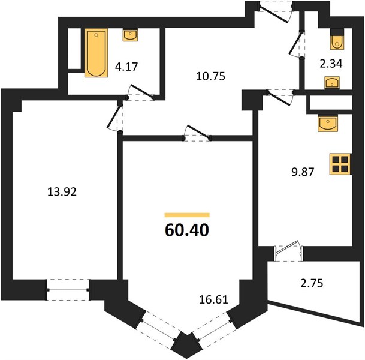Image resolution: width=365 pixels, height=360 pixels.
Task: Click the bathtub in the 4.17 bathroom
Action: (x=96, y=53)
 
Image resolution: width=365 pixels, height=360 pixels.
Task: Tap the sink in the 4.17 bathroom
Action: (x=131, y=35)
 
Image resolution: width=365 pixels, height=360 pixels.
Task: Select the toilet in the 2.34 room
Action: (x=337, y=39)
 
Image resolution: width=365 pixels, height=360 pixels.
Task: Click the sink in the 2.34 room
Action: (x=332, y=83)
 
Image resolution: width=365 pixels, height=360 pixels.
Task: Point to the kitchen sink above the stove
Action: (x=328, y=124)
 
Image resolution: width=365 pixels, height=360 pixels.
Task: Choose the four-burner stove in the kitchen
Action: (x=340, y=164)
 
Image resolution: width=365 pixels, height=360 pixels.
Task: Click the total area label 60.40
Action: (x=187, y=230)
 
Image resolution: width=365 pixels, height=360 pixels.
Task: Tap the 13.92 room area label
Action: (x=62, y=192)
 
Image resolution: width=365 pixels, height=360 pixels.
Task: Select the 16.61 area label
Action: (x=213, y=299)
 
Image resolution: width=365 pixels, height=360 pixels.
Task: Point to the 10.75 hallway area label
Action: (x=210, y=76)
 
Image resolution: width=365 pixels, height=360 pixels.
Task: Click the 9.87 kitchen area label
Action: (x=303, y=172)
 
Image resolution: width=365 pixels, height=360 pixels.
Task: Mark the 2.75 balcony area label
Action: (x=312, y=283)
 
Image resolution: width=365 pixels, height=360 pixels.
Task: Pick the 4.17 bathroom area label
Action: (x=126, y=67)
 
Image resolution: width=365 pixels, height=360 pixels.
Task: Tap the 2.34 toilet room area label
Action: (x=331, y=64)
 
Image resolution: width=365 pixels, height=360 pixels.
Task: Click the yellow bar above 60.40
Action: (x=187, y=215)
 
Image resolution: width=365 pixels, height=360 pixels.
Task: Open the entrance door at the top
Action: (x=276, y=11)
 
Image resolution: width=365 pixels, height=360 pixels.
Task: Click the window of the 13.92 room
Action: (x=68, y=290)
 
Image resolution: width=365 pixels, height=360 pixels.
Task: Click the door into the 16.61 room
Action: (x=197, y=134)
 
